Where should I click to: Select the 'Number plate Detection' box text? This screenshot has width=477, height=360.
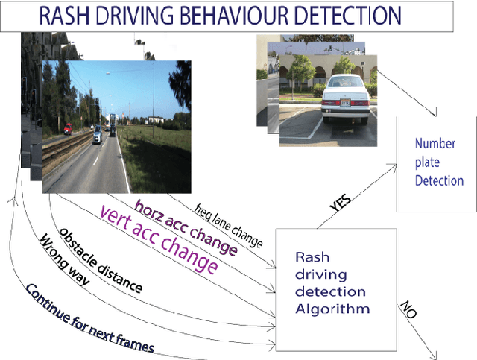439,162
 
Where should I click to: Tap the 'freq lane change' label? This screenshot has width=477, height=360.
229,221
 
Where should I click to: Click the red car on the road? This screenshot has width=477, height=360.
69,129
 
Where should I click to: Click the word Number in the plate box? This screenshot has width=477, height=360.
435,143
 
